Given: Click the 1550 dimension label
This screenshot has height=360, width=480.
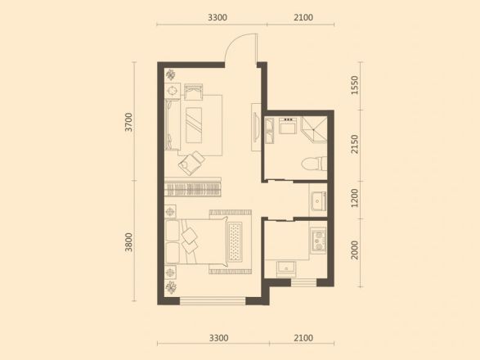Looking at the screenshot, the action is click(x=355, y=85).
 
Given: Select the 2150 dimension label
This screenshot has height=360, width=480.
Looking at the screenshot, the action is click(x=355, y=144).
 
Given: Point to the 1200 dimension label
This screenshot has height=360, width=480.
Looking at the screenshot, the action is click(x=355, y=198).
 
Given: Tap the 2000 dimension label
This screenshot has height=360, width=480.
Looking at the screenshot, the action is click(x=355, y=250).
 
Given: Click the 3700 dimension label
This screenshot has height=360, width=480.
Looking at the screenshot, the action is click(x=129, y=122).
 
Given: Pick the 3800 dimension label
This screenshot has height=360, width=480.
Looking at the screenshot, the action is click(x=129, y=242).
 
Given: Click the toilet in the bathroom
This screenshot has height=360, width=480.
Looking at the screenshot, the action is click(x=314, y=164).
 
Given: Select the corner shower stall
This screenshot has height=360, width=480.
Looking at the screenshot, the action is click(x=314, y=129).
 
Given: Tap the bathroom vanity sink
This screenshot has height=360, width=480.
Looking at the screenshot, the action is click(x=288, y=125).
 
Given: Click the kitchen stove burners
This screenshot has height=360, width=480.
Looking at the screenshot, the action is click(x=319, y=241).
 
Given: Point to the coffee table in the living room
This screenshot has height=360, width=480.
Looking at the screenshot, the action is click(x=194, y=125).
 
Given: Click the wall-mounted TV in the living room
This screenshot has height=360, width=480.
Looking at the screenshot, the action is click(x=256, y=127).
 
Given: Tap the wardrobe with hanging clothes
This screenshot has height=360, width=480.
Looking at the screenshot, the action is click(x=192, y=187).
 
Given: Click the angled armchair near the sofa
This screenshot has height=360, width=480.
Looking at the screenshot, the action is click(x=191, y=163).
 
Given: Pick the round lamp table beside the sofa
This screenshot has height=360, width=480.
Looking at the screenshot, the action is click(x=173, y=91).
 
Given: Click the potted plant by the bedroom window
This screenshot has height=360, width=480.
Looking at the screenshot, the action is click(x=171, y=287).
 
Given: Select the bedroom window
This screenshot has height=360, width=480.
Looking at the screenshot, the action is click(x=213, y=301).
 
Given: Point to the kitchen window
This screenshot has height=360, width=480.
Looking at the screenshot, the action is click(x=303, y=282).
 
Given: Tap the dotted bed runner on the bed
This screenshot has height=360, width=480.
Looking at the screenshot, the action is click(x=235, y=241).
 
